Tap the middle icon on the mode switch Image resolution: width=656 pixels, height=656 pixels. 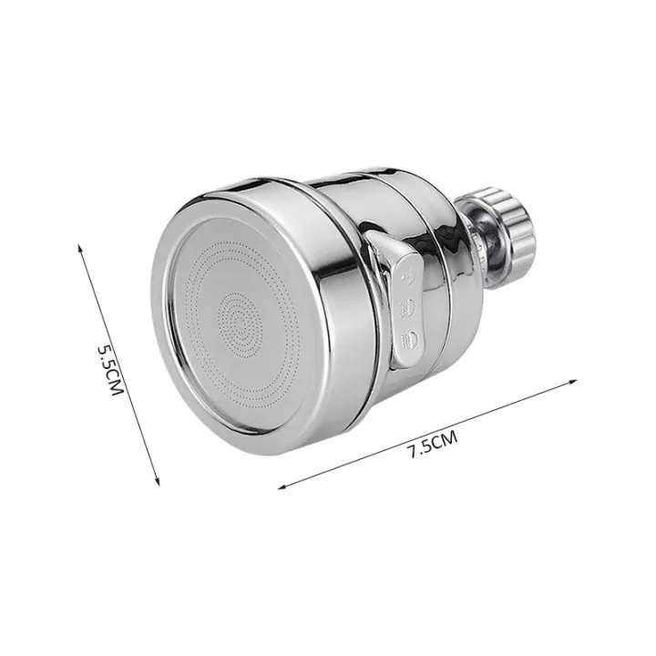(x=410, y=306)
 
